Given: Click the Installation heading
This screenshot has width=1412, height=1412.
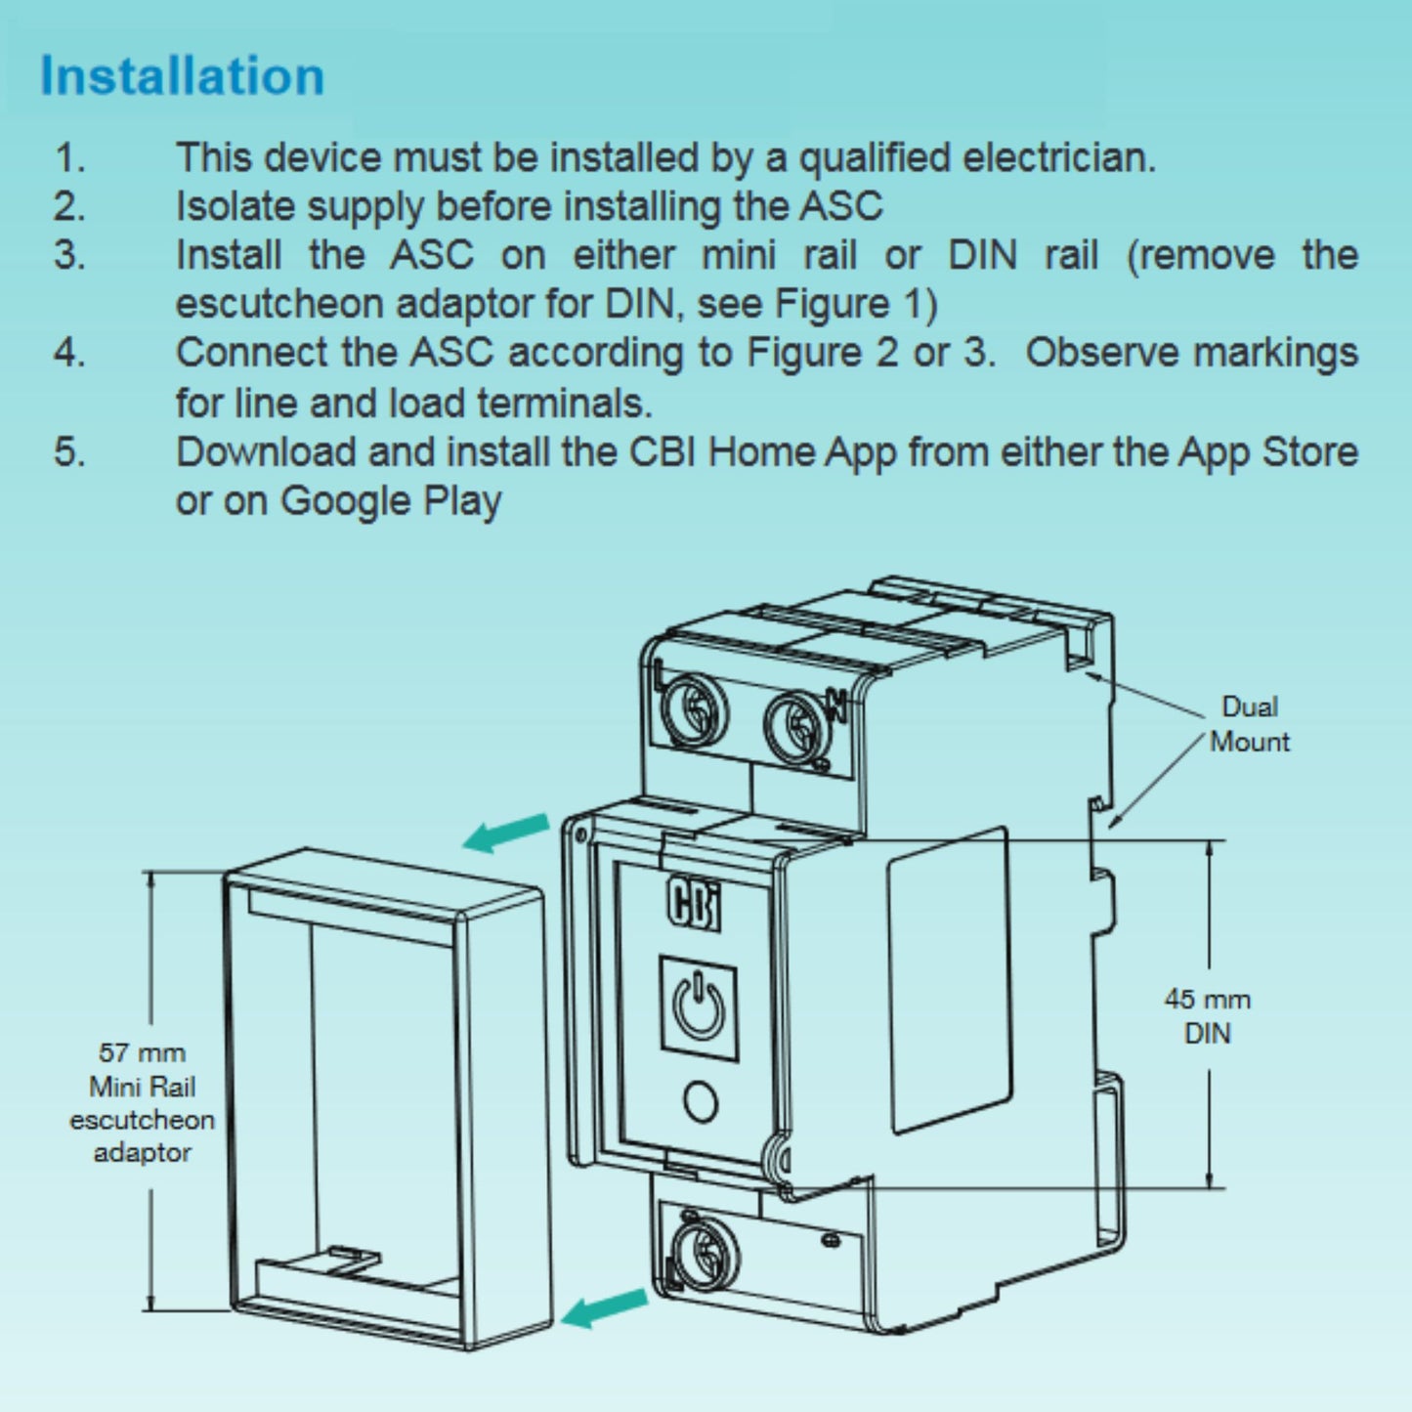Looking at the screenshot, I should click(x=182, y=76).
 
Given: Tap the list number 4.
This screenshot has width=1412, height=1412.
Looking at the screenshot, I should click(x=68, y=353).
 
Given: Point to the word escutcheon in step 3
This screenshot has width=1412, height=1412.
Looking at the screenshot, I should click(x=278, y=304).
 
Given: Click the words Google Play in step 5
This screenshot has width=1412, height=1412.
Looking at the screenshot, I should click(x=391, y=501).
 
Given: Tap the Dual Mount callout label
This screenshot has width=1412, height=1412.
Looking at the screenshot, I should click(x=1249, y=724).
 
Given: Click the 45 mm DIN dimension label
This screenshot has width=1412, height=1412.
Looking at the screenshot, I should click(x=1207, y=1016).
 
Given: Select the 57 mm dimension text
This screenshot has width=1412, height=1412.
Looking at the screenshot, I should click(x=142, y=1053).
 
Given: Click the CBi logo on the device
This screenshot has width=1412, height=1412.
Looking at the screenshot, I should click(x=694, y=904).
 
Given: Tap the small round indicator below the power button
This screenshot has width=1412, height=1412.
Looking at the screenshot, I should click(x=701, y=1101).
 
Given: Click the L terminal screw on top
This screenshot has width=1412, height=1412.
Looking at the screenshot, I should click(x=695, y=708).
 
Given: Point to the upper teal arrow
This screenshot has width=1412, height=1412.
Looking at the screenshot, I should click(x=506, y=833).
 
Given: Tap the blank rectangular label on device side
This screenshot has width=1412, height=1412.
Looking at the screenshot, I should click(x=948, y=980).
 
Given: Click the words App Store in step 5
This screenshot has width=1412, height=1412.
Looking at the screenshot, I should click(x=1267, y=452).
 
